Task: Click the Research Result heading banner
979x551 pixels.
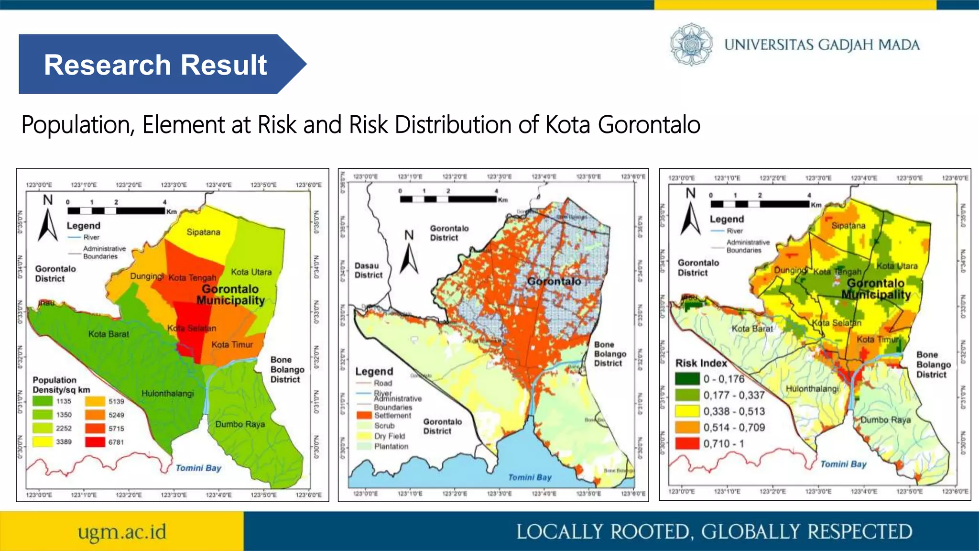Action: tap(155, 65)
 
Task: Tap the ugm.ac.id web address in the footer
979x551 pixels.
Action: tap(122, 532)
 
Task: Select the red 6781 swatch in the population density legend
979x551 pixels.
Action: tap(95, 442)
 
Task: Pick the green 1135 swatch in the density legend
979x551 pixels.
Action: tap(43, 401)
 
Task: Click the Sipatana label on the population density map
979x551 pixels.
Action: tap(203, 232)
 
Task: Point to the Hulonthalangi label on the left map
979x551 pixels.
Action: tap(167, 394)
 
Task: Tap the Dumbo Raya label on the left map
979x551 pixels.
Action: tap(239, 424)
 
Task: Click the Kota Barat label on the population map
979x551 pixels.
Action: tap(109, 334)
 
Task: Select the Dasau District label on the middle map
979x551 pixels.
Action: tap(368, 270)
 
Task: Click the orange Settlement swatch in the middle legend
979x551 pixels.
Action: tap(364, 415)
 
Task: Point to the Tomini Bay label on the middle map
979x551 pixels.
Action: tap(530, 477)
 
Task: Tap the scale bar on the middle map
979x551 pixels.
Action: tap(448, 199)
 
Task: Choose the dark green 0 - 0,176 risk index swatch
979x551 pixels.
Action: tap(687, 379)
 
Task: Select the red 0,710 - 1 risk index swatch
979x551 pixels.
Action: tap(687, 443)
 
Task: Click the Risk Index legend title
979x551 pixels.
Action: tap(701, 363)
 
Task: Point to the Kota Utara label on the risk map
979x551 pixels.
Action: tap(897, 266)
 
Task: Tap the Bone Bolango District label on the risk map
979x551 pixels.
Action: tap(933, 364)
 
